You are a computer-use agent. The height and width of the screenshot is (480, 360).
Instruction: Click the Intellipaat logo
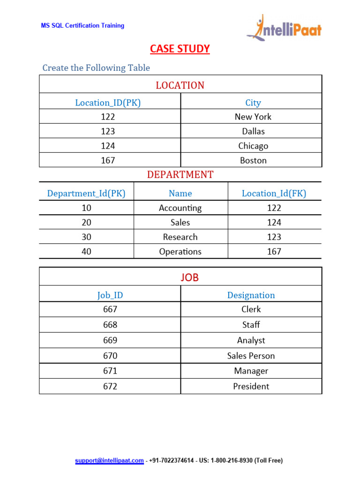click(x=284, y=28)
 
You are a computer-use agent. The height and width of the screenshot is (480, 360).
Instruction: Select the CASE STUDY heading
click(x=180, y=49)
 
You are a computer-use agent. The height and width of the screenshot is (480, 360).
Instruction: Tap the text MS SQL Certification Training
click(x=82, y=25)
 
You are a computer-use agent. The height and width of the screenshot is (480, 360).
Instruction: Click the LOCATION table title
click(x=180, y=85)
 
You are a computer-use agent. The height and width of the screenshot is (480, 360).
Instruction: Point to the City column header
click(x=253, y=103)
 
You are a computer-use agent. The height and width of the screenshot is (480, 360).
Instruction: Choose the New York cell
click(x=253, y=117)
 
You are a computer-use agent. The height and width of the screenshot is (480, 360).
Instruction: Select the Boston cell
click(x=253, y=160)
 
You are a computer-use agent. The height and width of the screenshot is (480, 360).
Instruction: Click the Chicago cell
click(x=253, y=146)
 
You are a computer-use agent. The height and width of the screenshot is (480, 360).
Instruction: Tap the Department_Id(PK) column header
click(x=86, y=193)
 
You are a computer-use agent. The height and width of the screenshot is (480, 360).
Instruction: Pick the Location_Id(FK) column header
click(x=274, y=193)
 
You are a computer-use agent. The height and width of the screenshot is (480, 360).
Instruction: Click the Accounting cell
click(x=180, y=208)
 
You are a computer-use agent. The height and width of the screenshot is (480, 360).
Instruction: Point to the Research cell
click(x=180, y=237)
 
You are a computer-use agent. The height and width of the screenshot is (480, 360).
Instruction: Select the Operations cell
click(x=180, y=251)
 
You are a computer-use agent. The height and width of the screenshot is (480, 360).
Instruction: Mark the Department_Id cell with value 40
click(x=86, y=251)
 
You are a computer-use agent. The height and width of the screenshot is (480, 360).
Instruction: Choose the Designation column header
click(x=251, y=295)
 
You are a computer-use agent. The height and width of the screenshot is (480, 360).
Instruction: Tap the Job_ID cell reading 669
click(x=110, y=340)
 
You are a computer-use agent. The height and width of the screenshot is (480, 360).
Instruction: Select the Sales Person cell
click(x=251, y=356)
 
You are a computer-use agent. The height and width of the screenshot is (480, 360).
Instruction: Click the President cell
click(x=251, y=386)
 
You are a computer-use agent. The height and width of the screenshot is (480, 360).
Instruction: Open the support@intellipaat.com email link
click(x=109, y=461)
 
